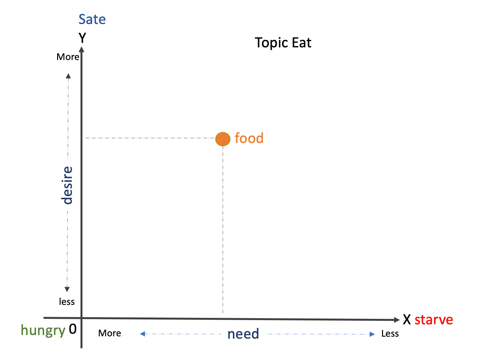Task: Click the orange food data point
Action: pyautogui.click(x=223, y=139)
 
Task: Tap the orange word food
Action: pyautogui.click(x=249, y=138)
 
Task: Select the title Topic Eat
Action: pyautogui.click(x=283, y=43)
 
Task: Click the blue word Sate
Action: pyautogui.click(x=92, y=19)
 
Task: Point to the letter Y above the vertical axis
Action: pyautogui.click(x=82, y=38)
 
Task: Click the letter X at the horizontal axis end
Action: pyautogui.click(x=407, y=320)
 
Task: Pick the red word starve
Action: pyautogui.click(x=434, y=320)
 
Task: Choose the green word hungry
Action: pyautogui.click(x=43, y=330)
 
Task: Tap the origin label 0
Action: pyautogui.click(x=73, y=329)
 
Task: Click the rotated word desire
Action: pyautogui.click(x=67, y=185)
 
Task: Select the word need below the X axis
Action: pyautogui.click(x=243, y=334)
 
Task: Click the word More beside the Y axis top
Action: pyautogui.click(x=68, y=57)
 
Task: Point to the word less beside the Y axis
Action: pyautogui.click(x=67, y=302)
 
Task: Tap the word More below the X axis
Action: pyautogui.click(x=110, y=333)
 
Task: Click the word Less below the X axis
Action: pyautogui.click(x=390, y=334)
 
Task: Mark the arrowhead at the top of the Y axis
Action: pyautogui.click(x=82, y=50)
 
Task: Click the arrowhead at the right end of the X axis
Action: pyautogui.click(x=397, y=320)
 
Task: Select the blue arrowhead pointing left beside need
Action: pyautogui.click(x=142, y=334)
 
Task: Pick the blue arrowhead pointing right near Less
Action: pyautogui.click(x=372, y=334)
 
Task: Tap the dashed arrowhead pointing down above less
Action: pyautogui.click(x=67, y=289)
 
